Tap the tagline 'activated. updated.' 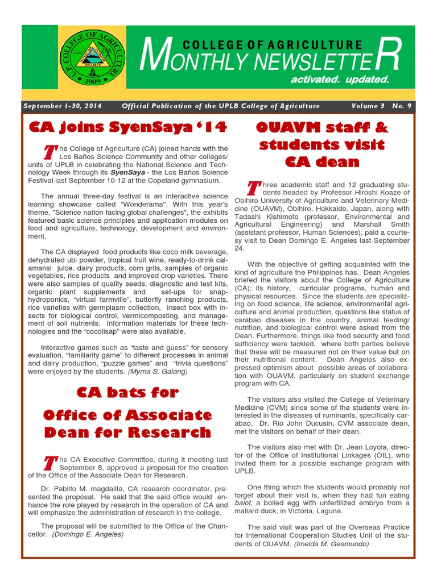[340, 80]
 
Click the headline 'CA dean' [321, 162]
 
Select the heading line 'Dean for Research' [127, 432]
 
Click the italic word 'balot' [243, 504]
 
